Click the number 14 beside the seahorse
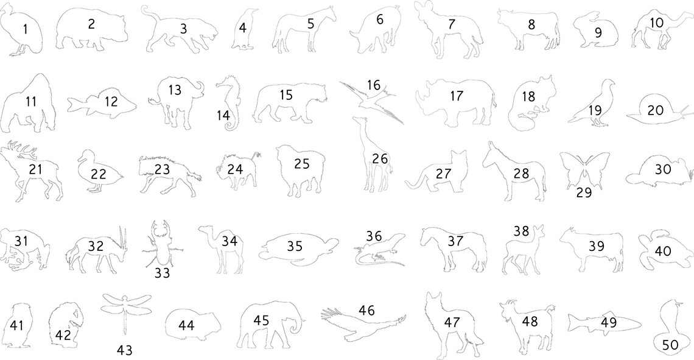coord(223,116)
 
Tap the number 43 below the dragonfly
coord(124,350)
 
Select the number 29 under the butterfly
coord(584,192)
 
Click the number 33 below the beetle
coord(162,274)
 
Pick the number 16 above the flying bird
coord(374,84)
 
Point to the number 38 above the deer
coord(521,231)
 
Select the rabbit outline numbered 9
coord(596,32)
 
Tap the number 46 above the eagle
coord(366,311)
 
